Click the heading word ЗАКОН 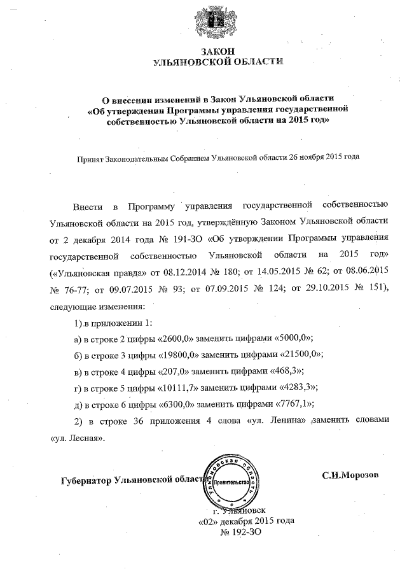(217, 51)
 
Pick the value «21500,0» (298, 355)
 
